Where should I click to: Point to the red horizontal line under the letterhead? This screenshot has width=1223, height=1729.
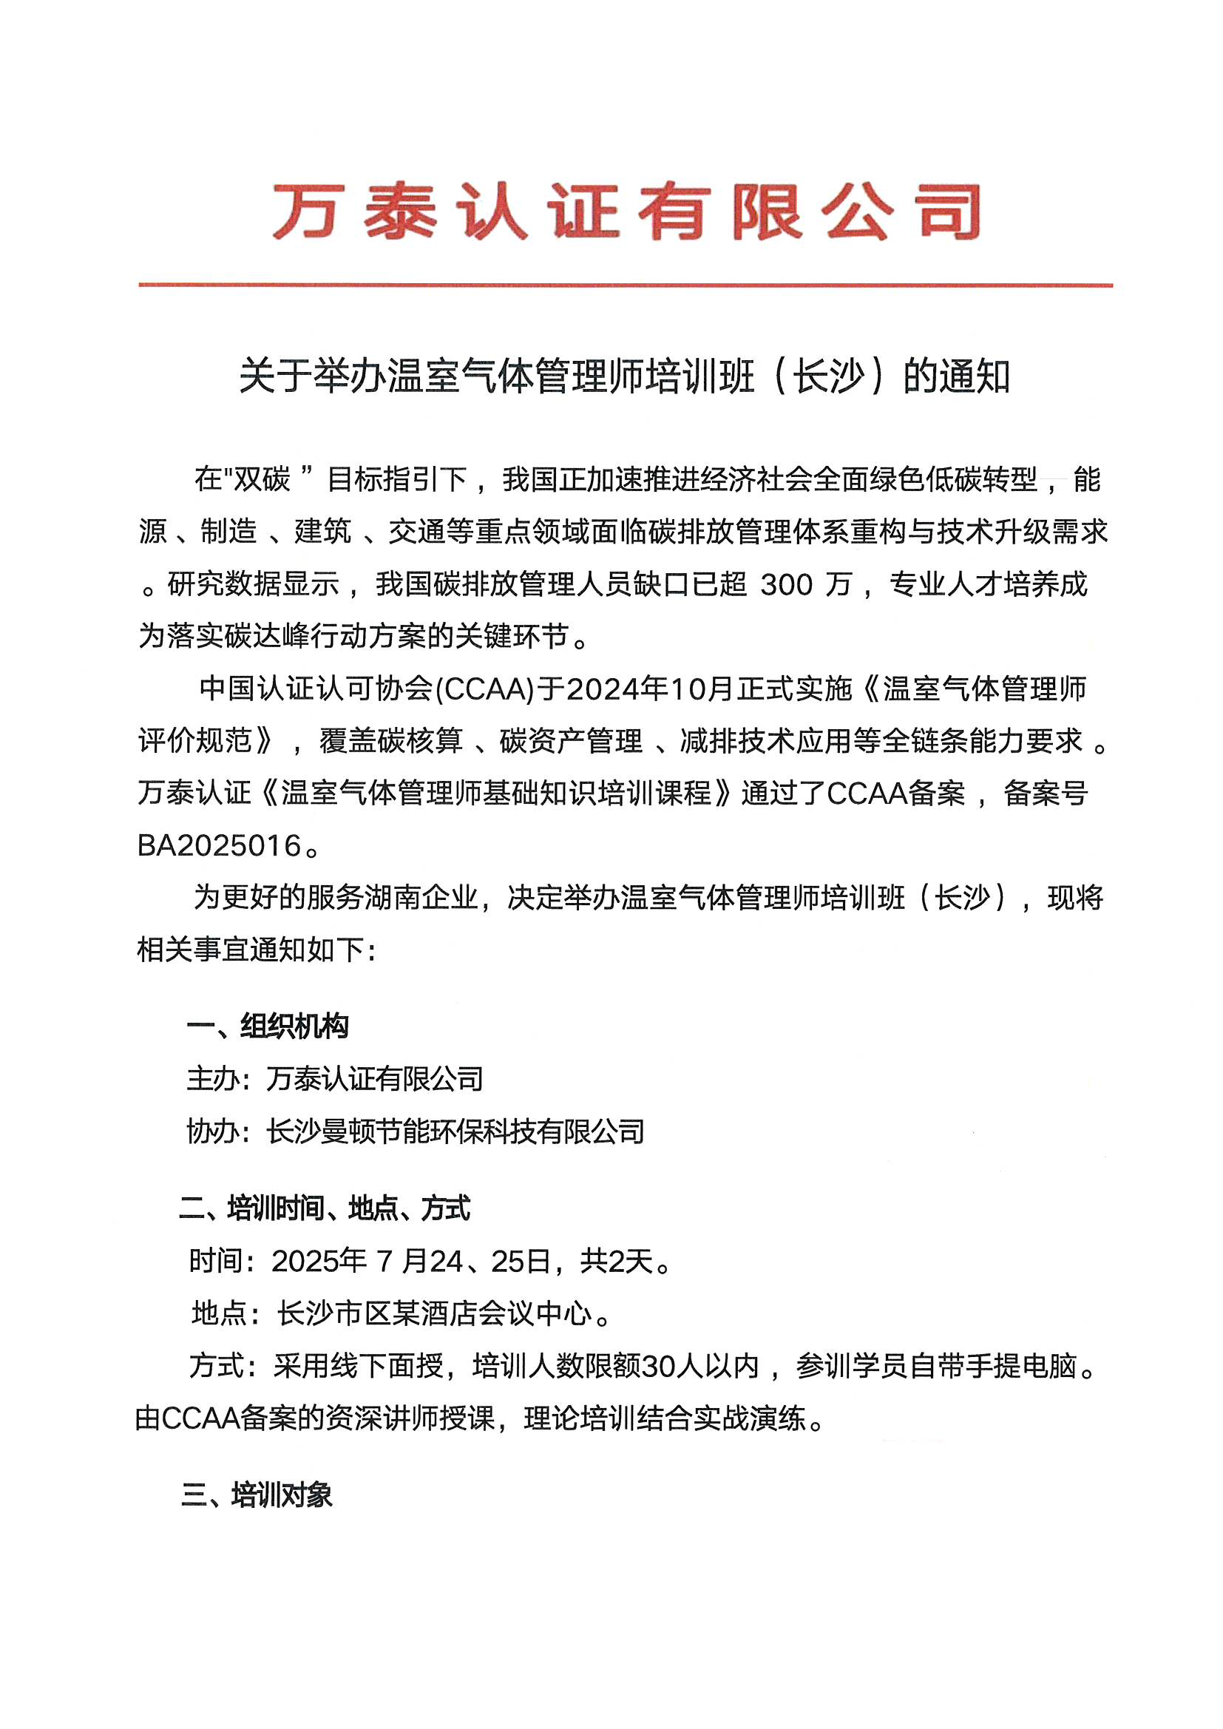tap(625, 285)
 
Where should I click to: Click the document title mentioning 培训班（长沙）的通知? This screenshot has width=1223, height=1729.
tap(624, 376)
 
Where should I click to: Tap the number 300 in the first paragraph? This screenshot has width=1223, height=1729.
tap(786, 584)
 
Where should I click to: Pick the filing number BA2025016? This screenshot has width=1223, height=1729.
tap(219, 846)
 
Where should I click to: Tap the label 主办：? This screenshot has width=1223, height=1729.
tap(219, 1079)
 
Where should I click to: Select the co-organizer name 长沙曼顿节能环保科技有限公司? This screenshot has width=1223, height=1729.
tap(455, 1131)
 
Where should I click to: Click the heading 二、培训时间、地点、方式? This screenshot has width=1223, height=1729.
tap(325, 1208)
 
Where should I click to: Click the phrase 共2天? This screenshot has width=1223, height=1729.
tap(617, 1261)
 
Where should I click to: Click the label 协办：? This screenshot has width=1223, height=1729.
tap(219, 1131)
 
